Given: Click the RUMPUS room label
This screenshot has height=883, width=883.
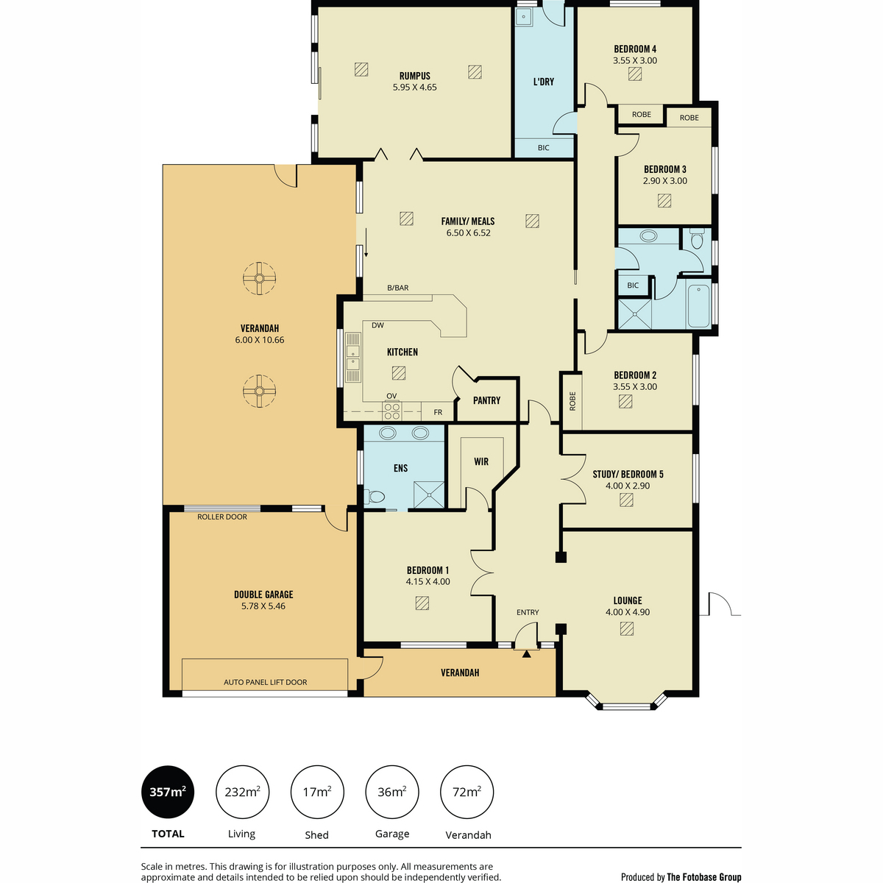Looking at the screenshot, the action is click(x=414, y=76).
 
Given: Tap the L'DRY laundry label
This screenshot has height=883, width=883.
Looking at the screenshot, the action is click(x=544, y=82).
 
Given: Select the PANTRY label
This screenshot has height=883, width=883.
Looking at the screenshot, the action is click(x=486, y=400).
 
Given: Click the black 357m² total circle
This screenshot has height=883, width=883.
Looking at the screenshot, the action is click(x=168, y=792).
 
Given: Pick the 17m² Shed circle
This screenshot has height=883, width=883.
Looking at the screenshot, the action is click(x=317, y=792).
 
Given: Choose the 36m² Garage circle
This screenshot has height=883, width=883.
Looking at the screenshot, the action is click(x=391, y=792).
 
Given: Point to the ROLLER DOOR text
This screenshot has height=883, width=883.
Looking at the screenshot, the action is click(x=222, y=517).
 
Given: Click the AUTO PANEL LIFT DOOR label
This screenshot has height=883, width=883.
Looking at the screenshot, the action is click(x=266, y=682).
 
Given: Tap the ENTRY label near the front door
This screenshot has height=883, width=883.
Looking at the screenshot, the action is click(x=528, y=612).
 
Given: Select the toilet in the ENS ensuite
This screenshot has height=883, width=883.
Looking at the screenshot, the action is click(x=375, y=496).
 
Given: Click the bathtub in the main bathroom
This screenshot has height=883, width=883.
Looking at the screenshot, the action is click(x=698, y=306).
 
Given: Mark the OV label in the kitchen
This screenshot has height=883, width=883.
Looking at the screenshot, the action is click(x=391, y=396).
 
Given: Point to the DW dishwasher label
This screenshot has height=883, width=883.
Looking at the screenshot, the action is click(x=377, y=325).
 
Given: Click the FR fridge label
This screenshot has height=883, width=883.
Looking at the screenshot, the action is click(x=438, y=412).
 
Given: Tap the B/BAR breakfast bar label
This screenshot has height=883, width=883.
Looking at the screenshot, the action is click(x=398, y=288).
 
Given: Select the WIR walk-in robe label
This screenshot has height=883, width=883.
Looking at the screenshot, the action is click(x=481, y=462).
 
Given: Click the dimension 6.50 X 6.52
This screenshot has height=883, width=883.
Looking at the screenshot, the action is click(x=468, y=233).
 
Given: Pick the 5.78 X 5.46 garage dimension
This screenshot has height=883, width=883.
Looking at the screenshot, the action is click(x=263, y=606).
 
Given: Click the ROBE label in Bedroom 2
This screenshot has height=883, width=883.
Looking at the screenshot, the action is click(x=572, y=401).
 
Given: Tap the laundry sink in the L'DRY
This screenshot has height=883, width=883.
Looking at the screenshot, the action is click(x=523, y=17).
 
